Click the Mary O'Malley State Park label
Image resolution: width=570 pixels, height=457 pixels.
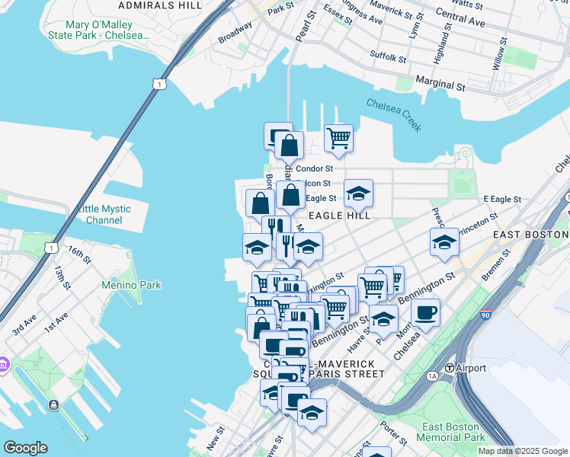(x=107, y=30)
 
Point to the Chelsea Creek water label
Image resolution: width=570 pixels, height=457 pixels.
(x=393, y=114)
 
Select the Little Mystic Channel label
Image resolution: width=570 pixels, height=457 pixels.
(x=104, y=215)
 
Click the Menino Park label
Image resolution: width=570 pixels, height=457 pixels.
(x=132, y=286)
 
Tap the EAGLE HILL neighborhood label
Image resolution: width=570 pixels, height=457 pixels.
(x=338, y=216)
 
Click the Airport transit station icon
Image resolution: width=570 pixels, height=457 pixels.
(x=450, y=368)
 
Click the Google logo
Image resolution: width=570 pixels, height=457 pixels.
(x=25, y=448)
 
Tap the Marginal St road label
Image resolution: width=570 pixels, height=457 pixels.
(x=440, y=81)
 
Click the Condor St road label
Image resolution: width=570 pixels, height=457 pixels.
(x=314, y=168)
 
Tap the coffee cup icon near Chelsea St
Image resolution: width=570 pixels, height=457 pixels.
(x=425, y=312)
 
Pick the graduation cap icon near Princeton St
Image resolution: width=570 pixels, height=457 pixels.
(x=444, y=241)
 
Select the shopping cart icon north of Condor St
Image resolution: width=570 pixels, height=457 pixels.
(x=338, y=138)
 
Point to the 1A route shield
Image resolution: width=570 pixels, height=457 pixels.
(x=432, y=376)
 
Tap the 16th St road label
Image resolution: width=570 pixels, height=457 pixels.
(x=78, y=252)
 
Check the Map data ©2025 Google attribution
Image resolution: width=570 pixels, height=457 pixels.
(x=522, y=451)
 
